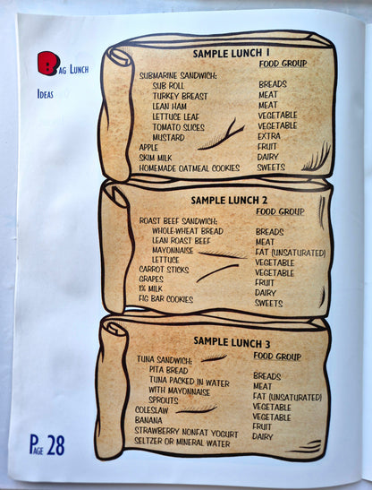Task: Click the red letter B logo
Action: coord(48,64)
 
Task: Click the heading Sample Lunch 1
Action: coord(231,53)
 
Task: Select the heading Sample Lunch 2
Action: coord(229,201)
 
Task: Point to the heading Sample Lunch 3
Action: coord(232,342)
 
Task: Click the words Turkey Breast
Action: coord(180,96)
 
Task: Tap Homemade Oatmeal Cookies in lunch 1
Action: coord(189,168)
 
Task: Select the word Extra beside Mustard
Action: coord(269,136)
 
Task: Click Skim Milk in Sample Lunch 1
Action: coord(156,158)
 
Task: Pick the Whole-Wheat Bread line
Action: coord(188,231)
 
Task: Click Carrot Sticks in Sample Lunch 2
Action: coord(164,270)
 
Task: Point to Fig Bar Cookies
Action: coord(165,299)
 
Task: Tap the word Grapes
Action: coord(151,279)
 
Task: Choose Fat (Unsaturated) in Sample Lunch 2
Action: coord(291,253)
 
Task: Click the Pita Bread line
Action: coord(168,370)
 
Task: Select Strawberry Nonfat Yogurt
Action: coord(186,432)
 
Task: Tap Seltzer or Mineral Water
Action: coord(182,443)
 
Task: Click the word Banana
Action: coord(148,420)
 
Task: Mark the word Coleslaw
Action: coord(152,410)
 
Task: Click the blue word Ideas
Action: coord(46,94)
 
